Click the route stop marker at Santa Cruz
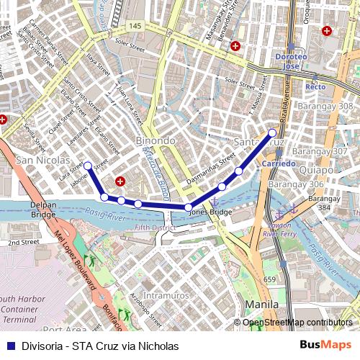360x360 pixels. [272, 132]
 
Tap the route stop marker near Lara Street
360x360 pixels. [88, 166]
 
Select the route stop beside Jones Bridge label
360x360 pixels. [188, 207]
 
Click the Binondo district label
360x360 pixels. [155, 140]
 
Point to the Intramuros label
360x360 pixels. [166, 295]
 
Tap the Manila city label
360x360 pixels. [261, 305]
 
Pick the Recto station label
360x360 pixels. [315, 86]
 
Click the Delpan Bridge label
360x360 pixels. [43, 210]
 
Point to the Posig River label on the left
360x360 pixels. [102, 215]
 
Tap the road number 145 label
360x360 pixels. [135, 26]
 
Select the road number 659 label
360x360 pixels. [270, 279]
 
